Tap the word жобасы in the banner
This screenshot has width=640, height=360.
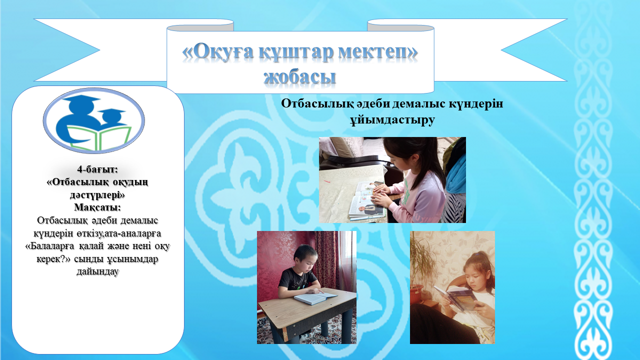pos(299,76)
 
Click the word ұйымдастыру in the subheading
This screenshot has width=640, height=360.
pos(392,119)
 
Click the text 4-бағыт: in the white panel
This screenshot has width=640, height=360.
pos(97,169)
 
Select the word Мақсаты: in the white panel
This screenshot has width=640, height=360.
pos(97,207)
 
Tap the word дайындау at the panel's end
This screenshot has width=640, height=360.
pos(97,271)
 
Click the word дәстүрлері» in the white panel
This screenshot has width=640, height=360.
pos(97,195)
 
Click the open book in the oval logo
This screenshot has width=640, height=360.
pos(99,137)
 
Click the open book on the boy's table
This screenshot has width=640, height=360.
pos(315,298)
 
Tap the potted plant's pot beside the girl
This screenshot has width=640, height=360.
pos(416,292)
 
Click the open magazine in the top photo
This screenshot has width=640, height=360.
pos(366,200)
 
